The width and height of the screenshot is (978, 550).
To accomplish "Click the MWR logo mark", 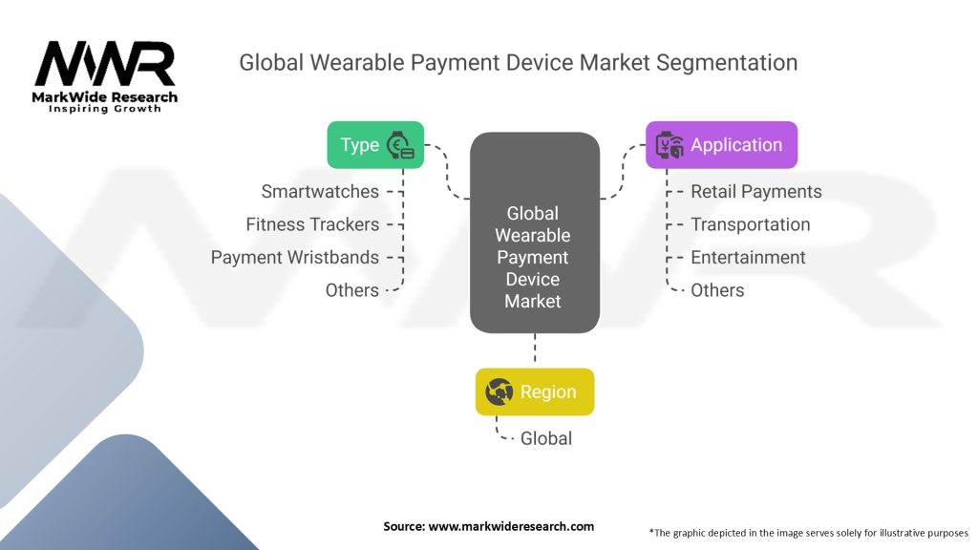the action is (105, 64).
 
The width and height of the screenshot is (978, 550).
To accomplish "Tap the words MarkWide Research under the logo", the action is (105, 97).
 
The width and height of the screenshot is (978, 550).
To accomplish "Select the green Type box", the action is (375, 145).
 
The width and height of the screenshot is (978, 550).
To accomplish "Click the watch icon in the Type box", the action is (400, 145).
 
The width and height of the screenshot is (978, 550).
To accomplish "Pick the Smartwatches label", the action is (320, 191).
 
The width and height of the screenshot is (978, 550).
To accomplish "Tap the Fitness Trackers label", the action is (312, 224).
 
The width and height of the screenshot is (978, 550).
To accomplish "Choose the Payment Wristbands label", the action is (295, 258).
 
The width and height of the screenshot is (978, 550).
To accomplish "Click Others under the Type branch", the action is (351, 290).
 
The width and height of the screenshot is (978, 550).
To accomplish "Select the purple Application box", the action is (722, 145).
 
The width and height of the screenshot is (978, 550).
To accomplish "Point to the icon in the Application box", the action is (670, 145).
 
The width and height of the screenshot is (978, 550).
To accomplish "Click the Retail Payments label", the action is (756, 191).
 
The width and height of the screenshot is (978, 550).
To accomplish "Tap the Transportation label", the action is (751, 224).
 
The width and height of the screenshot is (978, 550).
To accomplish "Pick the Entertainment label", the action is (748, 258).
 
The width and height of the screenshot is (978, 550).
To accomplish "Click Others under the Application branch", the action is (717, 290).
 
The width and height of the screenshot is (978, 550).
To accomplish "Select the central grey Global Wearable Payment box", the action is (535, 233).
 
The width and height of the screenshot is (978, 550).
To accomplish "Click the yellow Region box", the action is (535, 391).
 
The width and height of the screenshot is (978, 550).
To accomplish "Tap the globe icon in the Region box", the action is (499, 391).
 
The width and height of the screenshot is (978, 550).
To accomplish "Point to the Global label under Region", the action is (545, 438).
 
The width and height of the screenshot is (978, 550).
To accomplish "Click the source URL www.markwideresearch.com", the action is (511, 526).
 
